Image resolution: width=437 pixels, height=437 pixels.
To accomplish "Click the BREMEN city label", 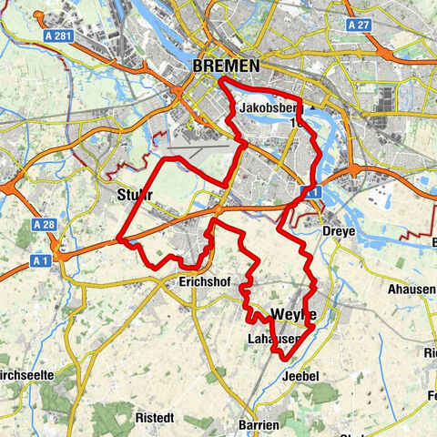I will point(226,66).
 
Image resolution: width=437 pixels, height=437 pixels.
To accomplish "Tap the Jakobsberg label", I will point(264,109).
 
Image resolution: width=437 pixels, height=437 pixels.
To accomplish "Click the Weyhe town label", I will point(293,314).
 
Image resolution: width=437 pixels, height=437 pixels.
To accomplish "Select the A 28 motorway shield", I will point(43,224).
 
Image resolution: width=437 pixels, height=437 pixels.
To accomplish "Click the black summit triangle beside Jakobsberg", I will point(312,107).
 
